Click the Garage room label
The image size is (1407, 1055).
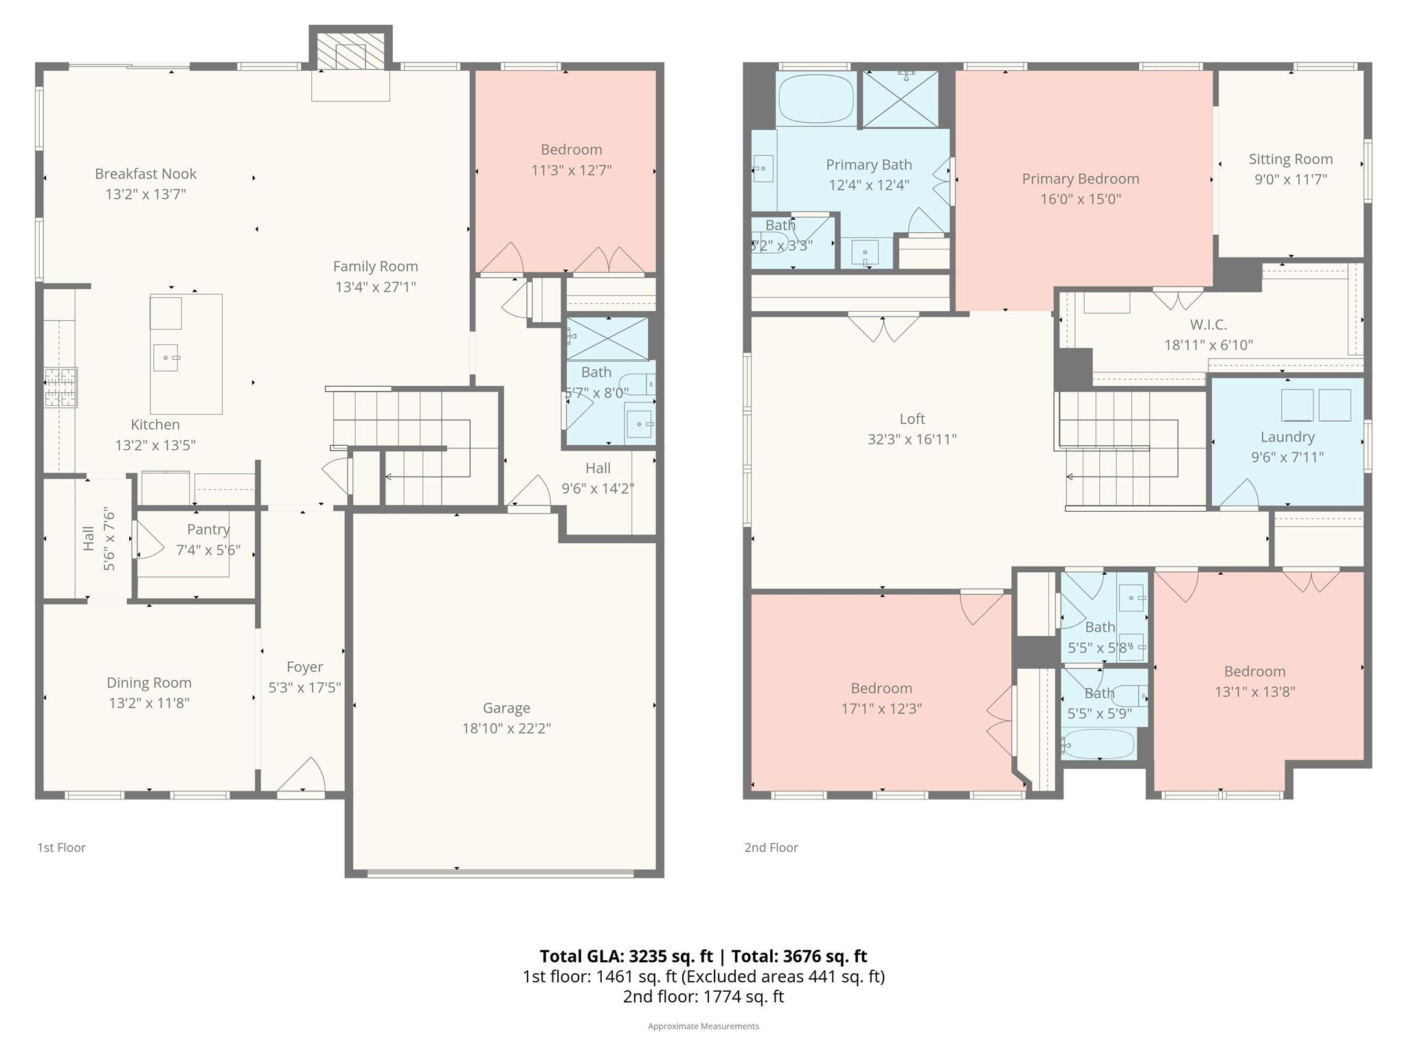click(506, 708)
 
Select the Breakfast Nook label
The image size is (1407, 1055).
click(146, 174)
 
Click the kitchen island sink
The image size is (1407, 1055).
click(166, 357)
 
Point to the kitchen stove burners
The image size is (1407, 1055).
click(61, 387)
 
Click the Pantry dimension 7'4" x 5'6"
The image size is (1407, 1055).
click(208, 550)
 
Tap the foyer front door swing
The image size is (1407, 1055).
click(302, 776)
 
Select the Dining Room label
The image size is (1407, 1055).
click(149, 683)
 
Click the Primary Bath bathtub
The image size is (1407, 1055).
click(816, 98)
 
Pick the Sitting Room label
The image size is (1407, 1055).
click(1290, 159)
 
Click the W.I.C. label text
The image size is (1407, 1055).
click(1208, 324)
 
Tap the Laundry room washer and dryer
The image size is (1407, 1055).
click(1316, 405)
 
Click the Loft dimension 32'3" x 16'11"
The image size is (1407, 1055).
click(912, 439)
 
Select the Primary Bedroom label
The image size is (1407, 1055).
click(1080, 179)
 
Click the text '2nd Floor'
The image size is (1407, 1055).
click(771, 848)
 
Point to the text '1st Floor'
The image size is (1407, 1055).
click(61, 848)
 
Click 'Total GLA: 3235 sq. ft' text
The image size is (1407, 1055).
click(626, 956)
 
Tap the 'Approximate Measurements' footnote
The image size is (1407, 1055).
click(703, 1026)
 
